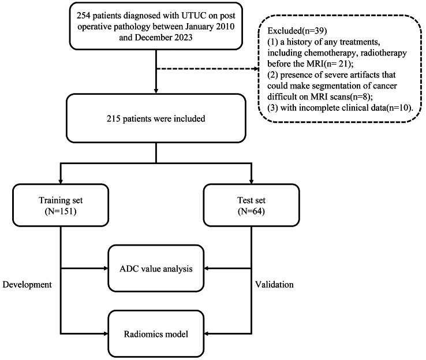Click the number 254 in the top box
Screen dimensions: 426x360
(x=83, y=16)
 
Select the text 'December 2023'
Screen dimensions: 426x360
(x=163, y=37)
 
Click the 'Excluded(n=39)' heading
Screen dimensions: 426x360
(x=297, y=31)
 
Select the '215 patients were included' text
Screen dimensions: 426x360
(x=156, y=119)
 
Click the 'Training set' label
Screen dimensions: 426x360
(x=61, y=200)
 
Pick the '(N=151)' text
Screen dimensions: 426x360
(x=61, y=211)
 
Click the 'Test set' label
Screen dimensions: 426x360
(x=251, y=200)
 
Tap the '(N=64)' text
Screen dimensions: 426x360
(x=251, y=211)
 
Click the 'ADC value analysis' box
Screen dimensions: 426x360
(x=156, y=268)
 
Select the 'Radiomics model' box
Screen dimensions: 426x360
(x=156, y=333)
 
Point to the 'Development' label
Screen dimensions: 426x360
(x=27, y=285)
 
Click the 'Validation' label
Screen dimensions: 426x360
(x=274, y=285)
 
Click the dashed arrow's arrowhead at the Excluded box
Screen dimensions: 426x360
(x=256, y=69)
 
